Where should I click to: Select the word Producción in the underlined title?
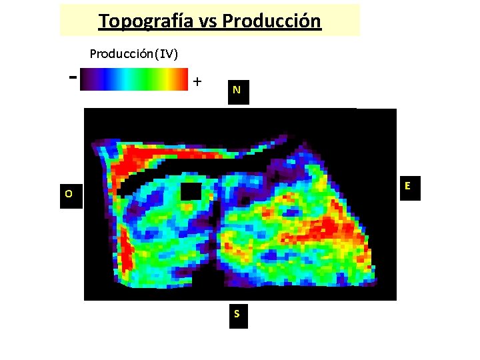(x=271, y=21)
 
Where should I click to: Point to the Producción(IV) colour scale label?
(x=133, y=53)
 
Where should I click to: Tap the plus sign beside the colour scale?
(x=197, y=81)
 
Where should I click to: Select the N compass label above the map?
(x=237, y=90)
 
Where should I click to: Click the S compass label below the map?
(x=237, y=314)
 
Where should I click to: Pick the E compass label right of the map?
(x=407, y=187)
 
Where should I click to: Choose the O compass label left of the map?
(x=69, y=195)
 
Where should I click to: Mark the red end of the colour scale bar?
(x=181, y=79)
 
